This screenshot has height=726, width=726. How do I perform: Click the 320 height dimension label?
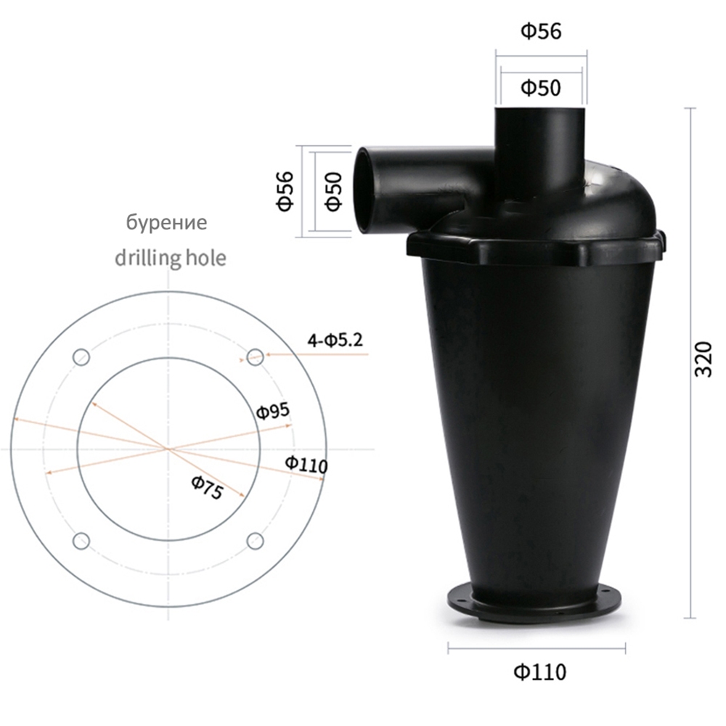703,359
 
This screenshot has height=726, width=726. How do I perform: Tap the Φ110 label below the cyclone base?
540,672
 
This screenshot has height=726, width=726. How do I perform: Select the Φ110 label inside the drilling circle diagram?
306,463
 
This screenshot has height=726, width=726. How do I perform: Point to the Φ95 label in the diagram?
273,411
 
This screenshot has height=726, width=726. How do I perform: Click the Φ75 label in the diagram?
207,488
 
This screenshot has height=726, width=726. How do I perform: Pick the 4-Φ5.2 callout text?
335,340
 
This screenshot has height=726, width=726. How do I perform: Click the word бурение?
167,222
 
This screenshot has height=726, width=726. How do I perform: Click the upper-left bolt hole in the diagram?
81,357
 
